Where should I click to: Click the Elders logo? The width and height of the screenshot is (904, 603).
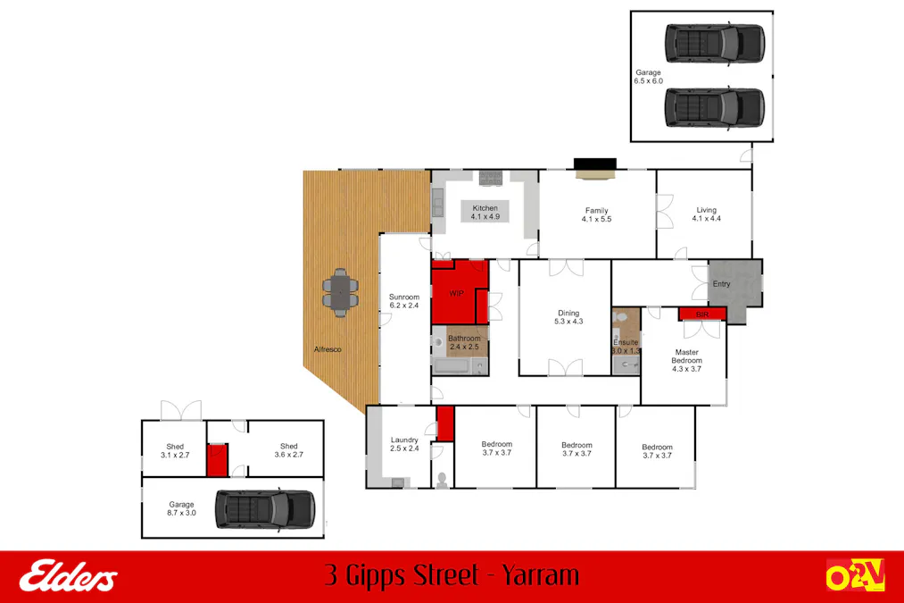[69, 576]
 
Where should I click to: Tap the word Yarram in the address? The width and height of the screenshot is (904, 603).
[540, 575]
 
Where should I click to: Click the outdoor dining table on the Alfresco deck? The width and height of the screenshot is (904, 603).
[339, 293]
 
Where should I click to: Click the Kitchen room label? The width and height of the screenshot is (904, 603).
[485, 213]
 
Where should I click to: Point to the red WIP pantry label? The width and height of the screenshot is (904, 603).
[456, 293]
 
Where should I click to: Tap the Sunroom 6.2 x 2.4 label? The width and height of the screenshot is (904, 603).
[403, 301]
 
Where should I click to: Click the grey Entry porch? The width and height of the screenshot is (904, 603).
[731, 285]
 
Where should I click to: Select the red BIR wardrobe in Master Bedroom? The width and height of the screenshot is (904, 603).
[701, 314]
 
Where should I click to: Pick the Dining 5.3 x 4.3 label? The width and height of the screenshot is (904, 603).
[568, 316]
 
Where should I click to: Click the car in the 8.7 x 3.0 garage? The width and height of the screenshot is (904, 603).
[264, 509]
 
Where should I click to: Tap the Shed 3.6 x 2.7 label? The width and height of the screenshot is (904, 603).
[288, 450]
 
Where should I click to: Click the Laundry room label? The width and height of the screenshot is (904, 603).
[404, 444]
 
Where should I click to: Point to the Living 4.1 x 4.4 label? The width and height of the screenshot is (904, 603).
[705, 214]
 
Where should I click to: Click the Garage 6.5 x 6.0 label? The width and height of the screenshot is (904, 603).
[648, 76]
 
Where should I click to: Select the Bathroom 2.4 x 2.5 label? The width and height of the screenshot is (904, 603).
[464, 342]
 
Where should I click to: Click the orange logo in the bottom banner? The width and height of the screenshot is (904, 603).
[854, 575]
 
